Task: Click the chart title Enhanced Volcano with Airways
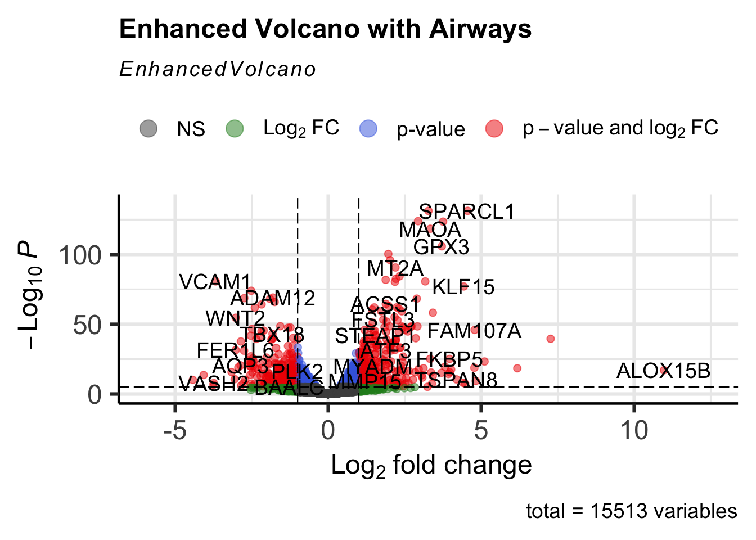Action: (x=325, y=29)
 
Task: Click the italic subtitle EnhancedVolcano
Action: (x=218, y=69)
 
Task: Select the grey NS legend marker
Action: (x=148, y=129)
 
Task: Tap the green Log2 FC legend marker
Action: (x=235, y=129)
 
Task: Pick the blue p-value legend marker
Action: (x=368, y=129)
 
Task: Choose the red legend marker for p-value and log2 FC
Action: (x=494, y=129)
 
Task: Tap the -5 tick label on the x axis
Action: (x=175, y=431)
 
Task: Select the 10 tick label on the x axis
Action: (x=634, y=431)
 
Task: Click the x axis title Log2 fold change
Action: (x=431, y=466)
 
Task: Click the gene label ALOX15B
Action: (x=663, y=371)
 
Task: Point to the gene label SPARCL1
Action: (x=467, y=212)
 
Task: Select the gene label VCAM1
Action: (x=215, y=282)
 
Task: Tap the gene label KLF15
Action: (x=463, y=287)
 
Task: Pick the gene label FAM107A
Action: (x=474, y=331)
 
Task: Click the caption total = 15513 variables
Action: (x=631, y=511)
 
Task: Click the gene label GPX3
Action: (x=441, y=247)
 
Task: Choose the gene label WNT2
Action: (x=235, y=318)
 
